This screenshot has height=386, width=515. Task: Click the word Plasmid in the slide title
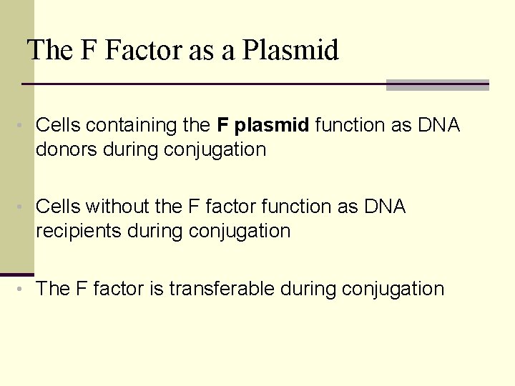[x=290, y=51]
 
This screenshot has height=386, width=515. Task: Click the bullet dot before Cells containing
[x=24, y=127]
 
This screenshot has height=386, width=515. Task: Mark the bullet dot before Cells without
[x=24, y=208]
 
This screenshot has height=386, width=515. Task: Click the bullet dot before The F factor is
[x=24, y=289]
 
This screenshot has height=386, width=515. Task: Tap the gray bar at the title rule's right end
[x=437, y=85]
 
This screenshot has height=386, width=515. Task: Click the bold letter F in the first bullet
[x=222, y=126]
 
